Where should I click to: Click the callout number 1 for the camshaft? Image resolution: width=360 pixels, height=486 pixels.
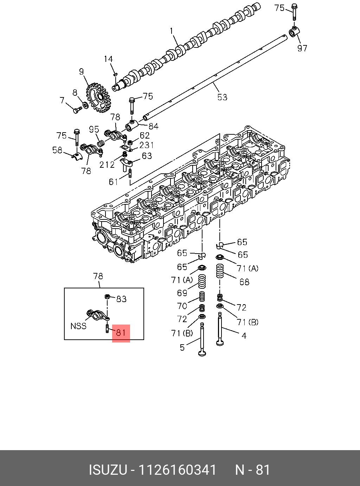tap(172, 31)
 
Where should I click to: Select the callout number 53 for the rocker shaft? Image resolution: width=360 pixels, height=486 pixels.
tap(222, 97)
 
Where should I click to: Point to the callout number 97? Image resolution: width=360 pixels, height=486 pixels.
tap(302, 48)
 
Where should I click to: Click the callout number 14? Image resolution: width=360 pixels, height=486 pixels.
tap(108, 59)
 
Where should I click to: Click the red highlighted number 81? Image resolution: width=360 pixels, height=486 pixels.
tap(121, 333)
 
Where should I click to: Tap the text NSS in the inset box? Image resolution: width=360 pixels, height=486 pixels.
tap(78, 326)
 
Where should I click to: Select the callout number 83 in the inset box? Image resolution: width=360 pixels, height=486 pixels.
tap(121, 299)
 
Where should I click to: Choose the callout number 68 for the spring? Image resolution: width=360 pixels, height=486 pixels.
tap(244, 282)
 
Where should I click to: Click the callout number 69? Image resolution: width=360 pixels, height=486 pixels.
tap(182, 293)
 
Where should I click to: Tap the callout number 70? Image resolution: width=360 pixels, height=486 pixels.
tap(182, 306)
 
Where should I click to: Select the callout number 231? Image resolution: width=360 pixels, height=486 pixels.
tap(147, 145)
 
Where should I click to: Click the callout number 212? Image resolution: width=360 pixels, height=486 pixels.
tap(107, 164)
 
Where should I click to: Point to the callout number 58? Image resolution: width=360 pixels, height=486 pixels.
tap(57, 150)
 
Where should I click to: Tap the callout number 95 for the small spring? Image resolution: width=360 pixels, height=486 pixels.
tap(94, 129)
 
